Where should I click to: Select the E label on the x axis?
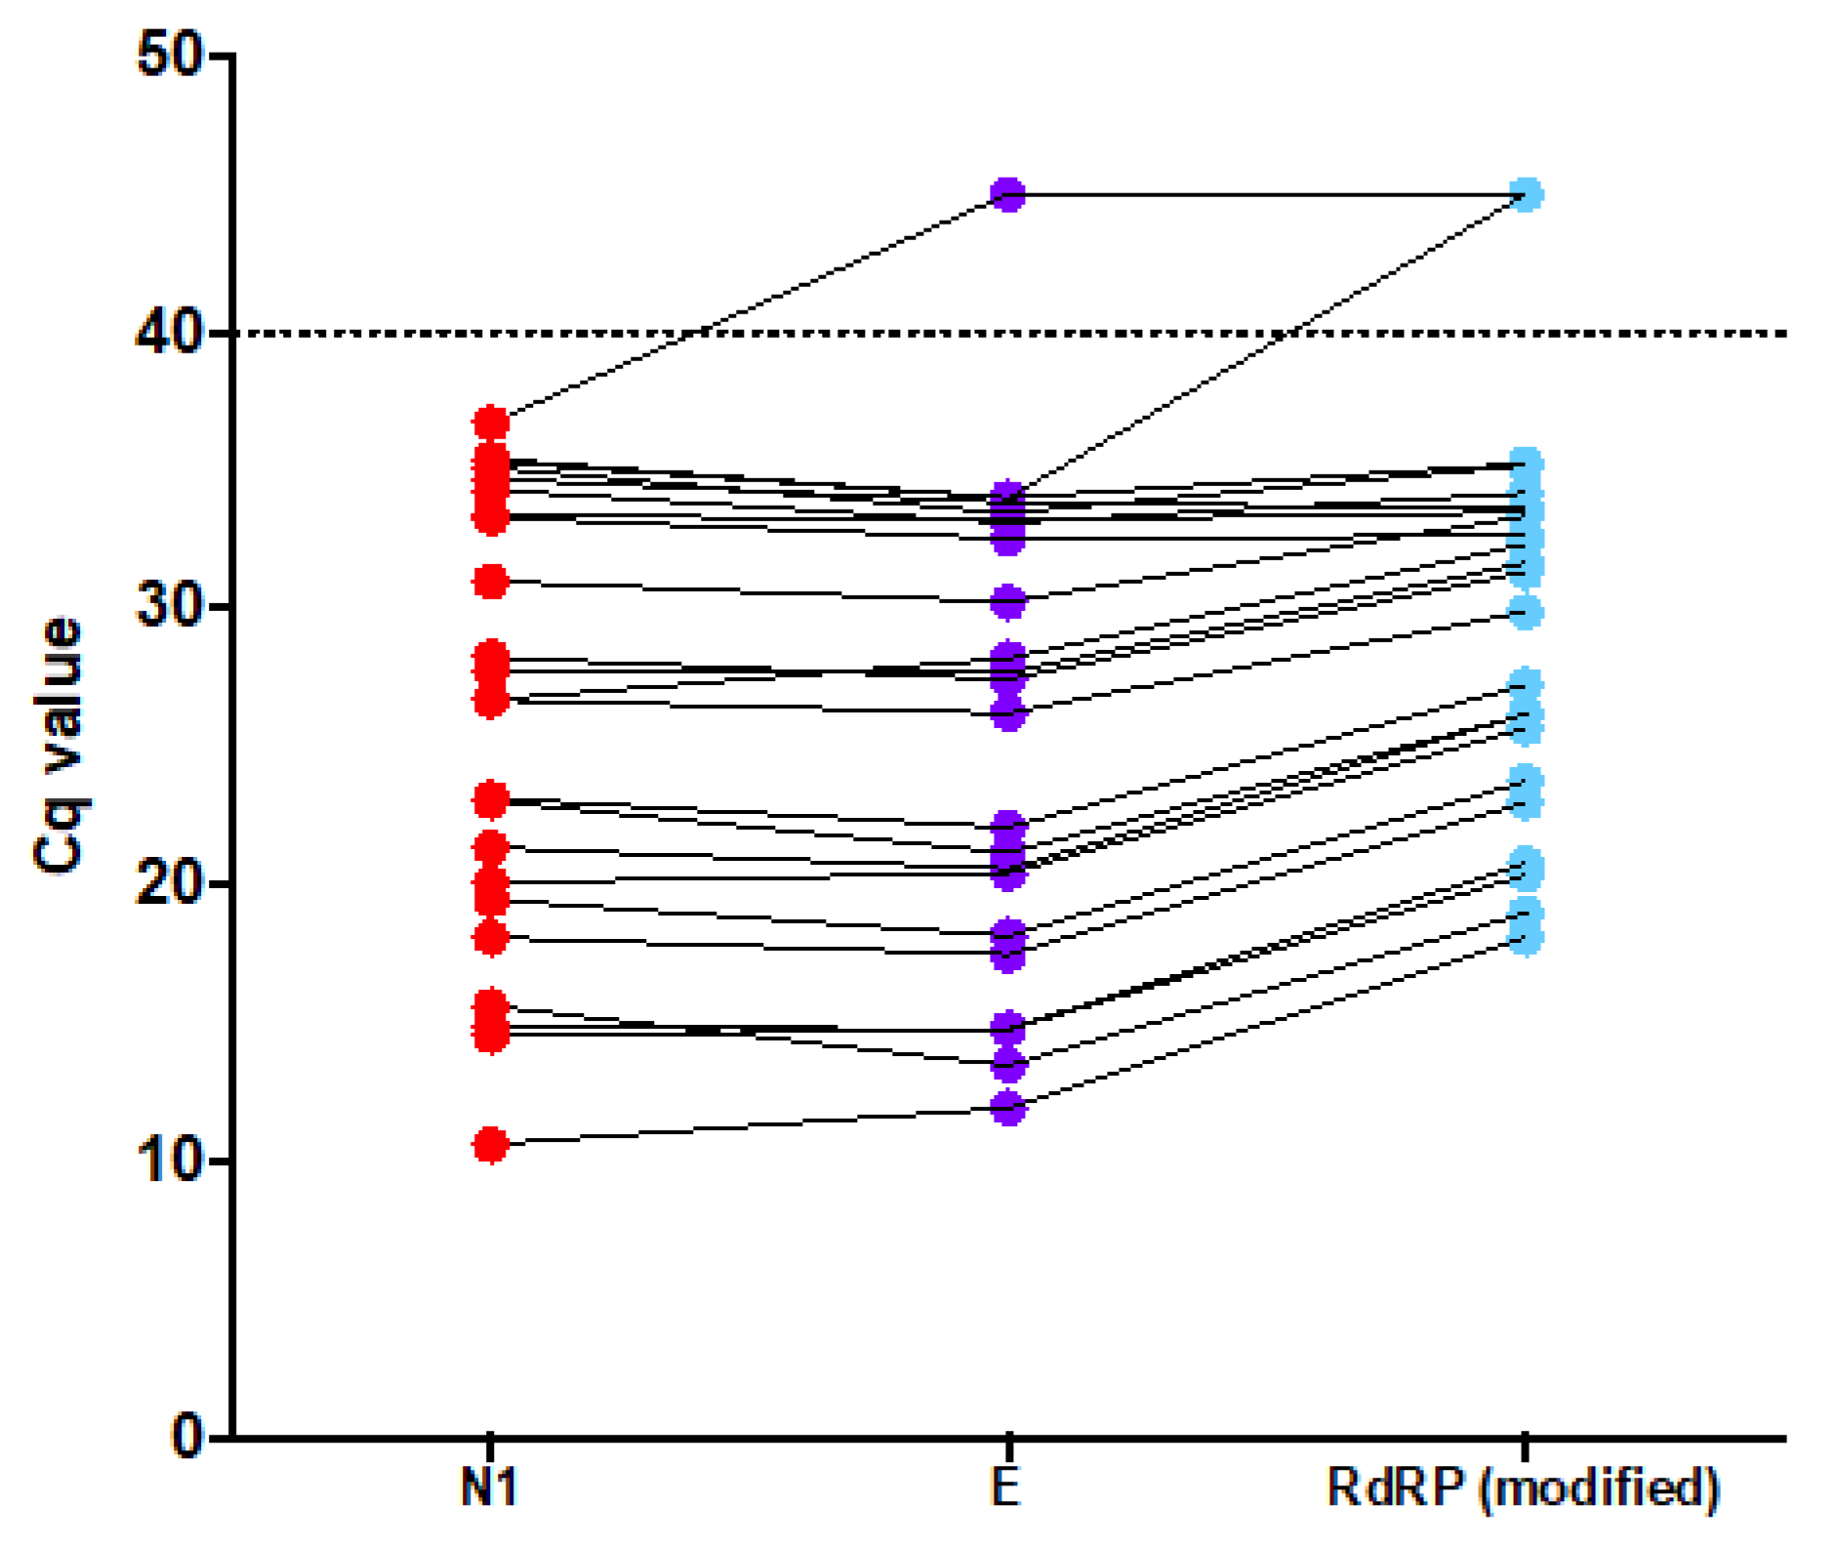click(x=1007, y=1490)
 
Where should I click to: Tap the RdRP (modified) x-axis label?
click(x=1524, y=1490)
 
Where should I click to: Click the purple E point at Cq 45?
click(x=1008, y=195)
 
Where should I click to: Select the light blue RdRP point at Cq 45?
click(x=1526, y=195)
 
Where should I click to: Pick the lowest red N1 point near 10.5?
click(x=491, y=1146)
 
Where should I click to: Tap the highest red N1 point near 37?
click(x=491, y=423)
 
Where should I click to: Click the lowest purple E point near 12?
click(x=1008, y=1108)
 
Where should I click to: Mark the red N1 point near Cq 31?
click(x=491, y=582)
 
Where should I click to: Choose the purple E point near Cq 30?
click(x=1008, y=602)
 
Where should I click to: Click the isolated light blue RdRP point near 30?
click(x=1526, y=612)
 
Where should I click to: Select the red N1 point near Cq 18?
click(x=491, y=937)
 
